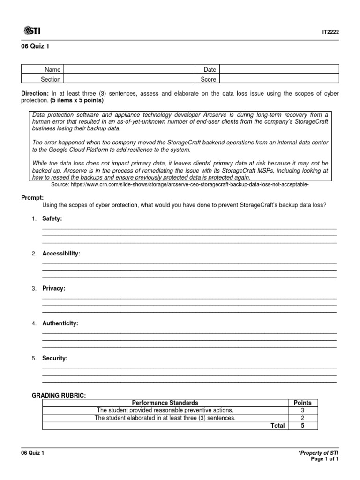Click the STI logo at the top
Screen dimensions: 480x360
tap(32, 31)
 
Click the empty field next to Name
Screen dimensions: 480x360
tap(129, 69)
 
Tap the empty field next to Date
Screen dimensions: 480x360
tap(279, 69)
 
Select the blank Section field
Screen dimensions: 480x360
tap(129, 79)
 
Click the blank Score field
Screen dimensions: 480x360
tap(279, 79)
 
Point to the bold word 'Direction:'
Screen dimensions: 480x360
tap(35, 94)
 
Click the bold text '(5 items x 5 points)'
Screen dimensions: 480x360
tap(77, 101)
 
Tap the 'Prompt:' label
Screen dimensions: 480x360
tap(32, 198)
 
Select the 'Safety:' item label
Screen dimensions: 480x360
tap(52, 218)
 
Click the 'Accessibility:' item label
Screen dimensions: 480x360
tap(61, 254)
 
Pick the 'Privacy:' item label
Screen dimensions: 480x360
tap(54, 288)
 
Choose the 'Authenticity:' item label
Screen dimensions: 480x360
tap(60, 323)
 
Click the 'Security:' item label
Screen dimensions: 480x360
tap(55, 358)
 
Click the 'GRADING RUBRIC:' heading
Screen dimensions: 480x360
tap(59, 396)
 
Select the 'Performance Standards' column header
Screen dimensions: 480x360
tap(165, 403)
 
